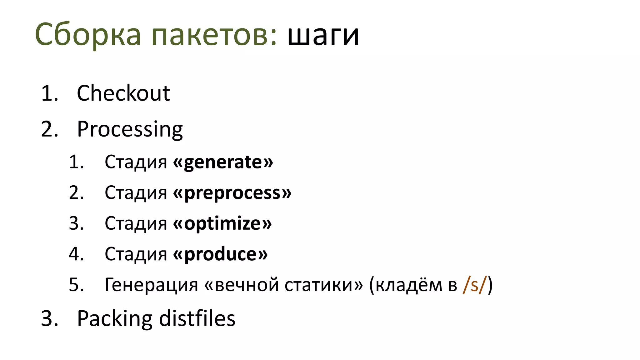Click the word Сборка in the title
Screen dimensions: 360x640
pos(88,34)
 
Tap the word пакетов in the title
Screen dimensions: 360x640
pos(214,34)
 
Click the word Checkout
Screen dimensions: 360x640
pos(123,93)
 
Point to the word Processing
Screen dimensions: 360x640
pos(130,129)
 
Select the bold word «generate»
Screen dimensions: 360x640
pos(223,162)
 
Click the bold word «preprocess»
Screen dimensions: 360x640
pos(232,193)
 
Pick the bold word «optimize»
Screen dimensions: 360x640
pos(222,223)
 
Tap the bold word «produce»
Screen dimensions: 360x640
pos(220,254)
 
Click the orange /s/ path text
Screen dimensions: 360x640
pos(475,285)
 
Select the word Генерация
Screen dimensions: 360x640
pos(151,285)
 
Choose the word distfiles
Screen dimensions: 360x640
pos(197,319)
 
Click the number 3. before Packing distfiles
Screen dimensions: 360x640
pos(49,319)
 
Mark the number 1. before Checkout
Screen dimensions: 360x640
pos(49,93)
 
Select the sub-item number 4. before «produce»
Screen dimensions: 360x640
pos(76,254)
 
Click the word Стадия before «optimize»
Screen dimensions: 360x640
pos(136,223)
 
